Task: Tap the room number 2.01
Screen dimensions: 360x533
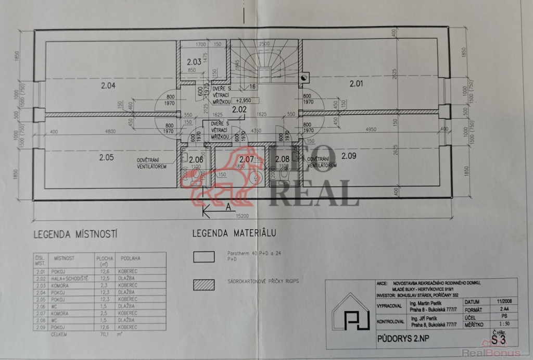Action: [x=357, y=83]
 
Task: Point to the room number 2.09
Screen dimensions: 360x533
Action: [x=349, y=155]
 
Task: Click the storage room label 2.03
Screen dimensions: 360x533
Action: [x=194, y=61]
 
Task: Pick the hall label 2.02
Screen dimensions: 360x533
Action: [x=239, y=109]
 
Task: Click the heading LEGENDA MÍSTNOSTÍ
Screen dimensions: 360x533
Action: [x=75, y=234]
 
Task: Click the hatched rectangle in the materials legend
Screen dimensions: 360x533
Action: [x=204, y=284]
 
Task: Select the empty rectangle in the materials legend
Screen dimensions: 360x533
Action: [x=204, y=256]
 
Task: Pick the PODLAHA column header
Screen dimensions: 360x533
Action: [x=130, y=258]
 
